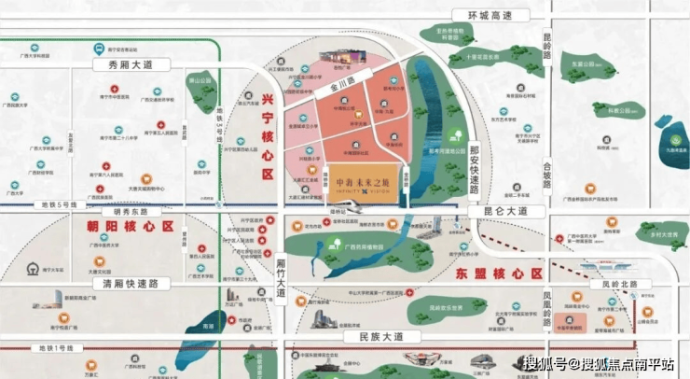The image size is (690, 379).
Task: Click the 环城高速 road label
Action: (490, 15)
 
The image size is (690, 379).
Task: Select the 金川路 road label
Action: (341, 84)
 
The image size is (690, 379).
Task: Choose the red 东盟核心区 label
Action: (501, 274)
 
